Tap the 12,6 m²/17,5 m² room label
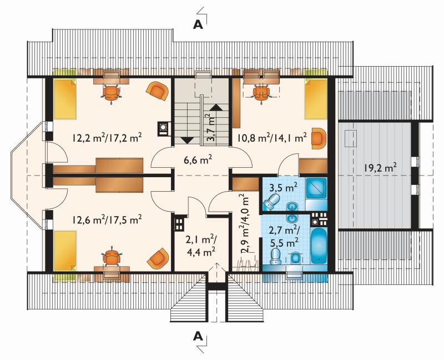point(107,219)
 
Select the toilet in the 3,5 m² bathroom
point(271,202)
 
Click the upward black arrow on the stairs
point(216,107)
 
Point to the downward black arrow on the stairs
point(186,140)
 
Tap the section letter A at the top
point(198,25)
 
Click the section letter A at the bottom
point(198,337)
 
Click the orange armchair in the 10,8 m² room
point(319,138)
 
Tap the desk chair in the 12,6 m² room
point(112,257)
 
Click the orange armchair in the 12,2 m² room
point(157,90)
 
